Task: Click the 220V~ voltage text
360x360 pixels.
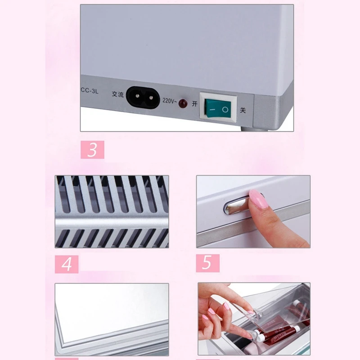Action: point(169,100)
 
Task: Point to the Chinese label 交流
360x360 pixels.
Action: point(117,94)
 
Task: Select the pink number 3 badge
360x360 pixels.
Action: point(92,150)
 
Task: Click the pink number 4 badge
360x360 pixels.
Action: point(67,264)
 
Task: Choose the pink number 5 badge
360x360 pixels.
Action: point(207,263)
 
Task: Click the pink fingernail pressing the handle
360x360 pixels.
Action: point(258,199)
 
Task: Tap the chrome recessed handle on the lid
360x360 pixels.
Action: point(236,207)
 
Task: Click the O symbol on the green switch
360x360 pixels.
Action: point(226,109)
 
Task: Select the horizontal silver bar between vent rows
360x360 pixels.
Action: point(112,221)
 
